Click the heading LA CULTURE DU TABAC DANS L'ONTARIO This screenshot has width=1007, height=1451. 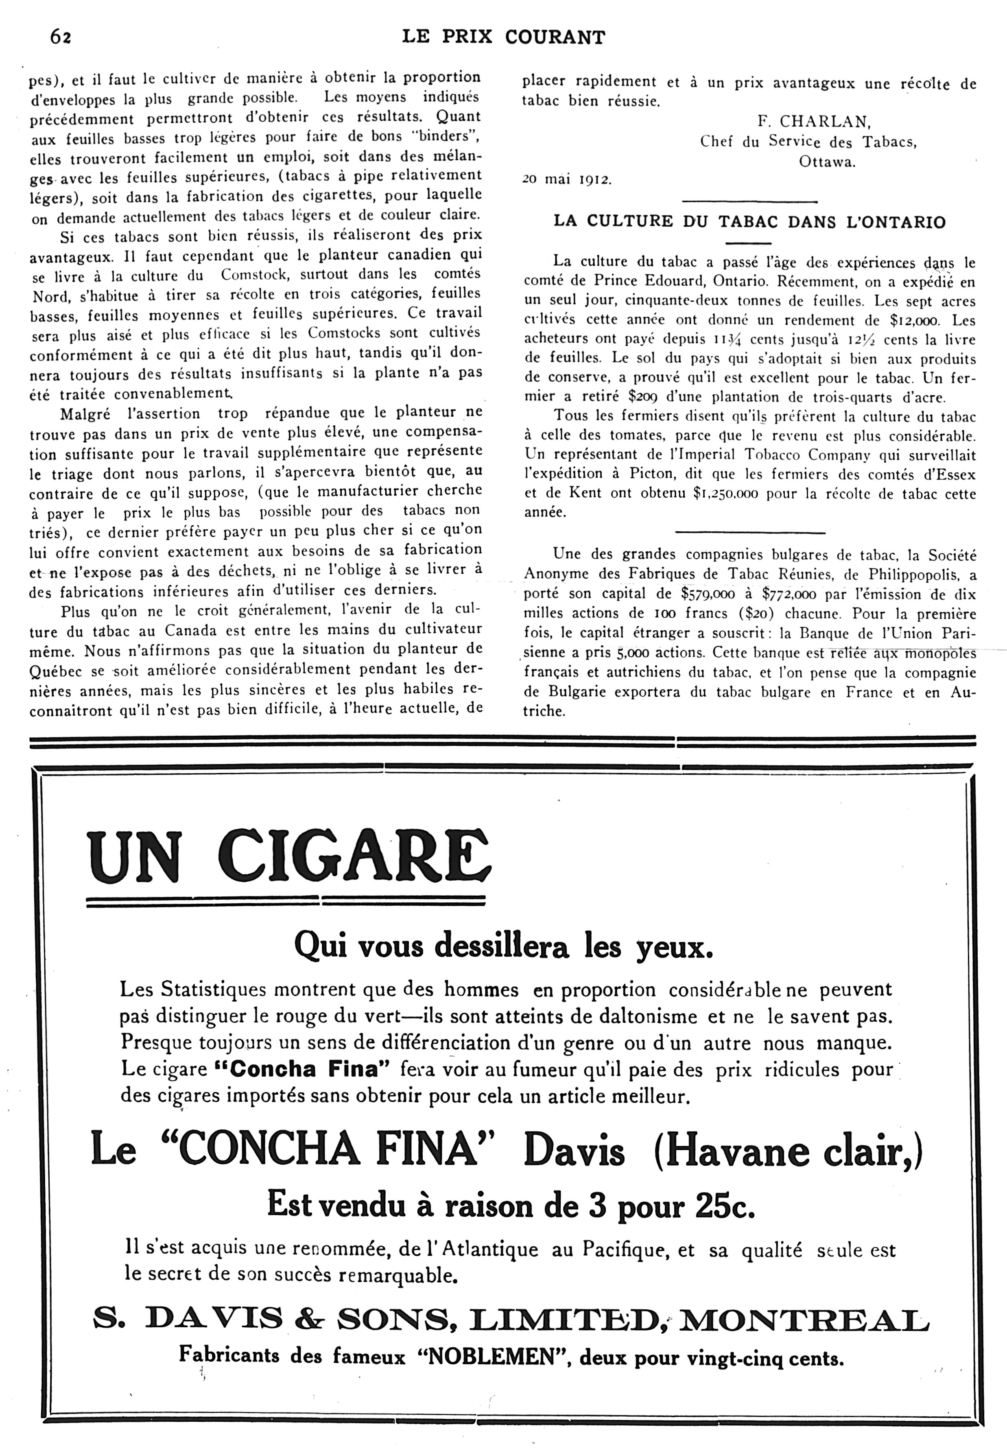pos(749,222)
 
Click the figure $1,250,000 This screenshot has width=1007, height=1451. pos(725,494)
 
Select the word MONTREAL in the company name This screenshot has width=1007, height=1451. pos(804,1318)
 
